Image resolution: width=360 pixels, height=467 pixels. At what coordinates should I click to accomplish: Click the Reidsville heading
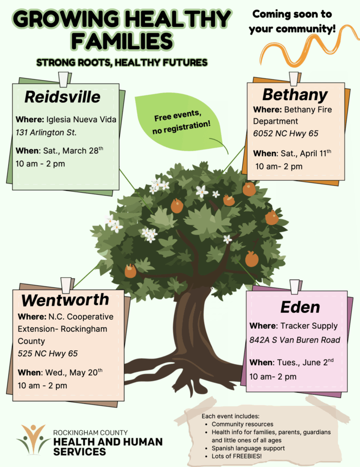(62, 97)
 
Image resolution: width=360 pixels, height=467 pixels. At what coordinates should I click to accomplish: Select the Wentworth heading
(65, 299)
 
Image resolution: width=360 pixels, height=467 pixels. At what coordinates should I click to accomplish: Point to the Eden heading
(300, 307)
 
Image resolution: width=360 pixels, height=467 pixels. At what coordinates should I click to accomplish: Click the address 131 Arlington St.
(46, 133)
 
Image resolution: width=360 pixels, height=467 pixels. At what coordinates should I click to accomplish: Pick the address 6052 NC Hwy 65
(285, 134)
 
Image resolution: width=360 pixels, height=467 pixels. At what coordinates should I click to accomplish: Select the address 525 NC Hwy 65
(48, 353)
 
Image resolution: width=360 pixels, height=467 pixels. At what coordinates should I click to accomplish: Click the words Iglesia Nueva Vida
(81, 119)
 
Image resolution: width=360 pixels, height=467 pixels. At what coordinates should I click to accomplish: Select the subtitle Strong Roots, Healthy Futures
(122, 62)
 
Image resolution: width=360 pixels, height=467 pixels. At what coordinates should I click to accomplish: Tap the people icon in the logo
(33, 439)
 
